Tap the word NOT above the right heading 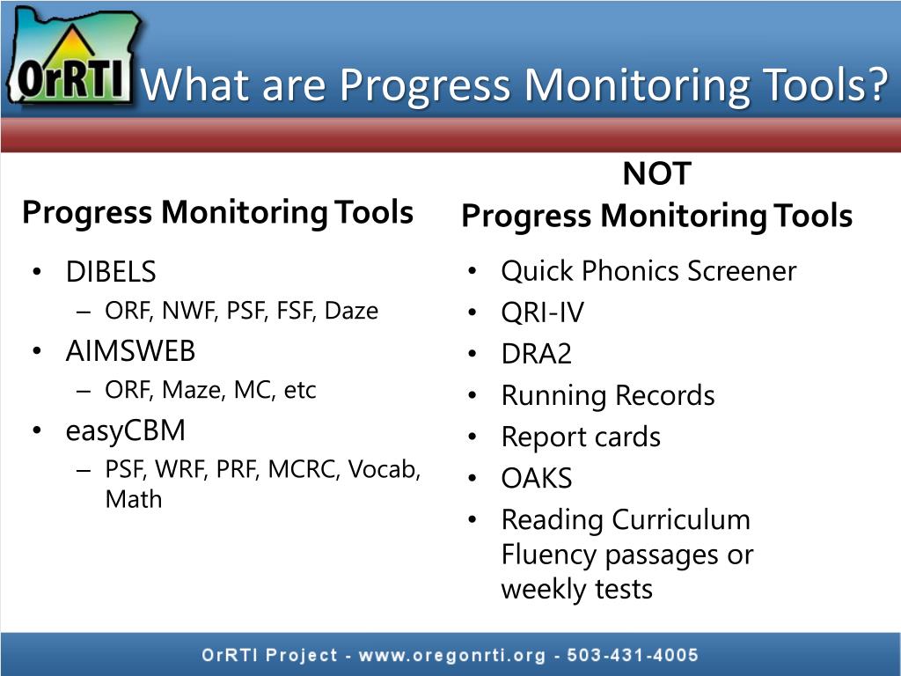[656, 173]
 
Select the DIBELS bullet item [111, 272]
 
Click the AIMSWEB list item [130, 351]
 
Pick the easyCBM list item [126, 430]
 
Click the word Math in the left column [134, 499]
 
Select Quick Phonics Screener [648, 271]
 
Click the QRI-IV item [542, 312]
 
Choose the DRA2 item [536, 354]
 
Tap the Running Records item [607, 395]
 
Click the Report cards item [581, 437]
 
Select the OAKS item [536, 478]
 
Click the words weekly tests [576, 588]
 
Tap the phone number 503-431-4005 [633, 655]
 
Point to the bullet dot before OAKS [472, 478]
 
